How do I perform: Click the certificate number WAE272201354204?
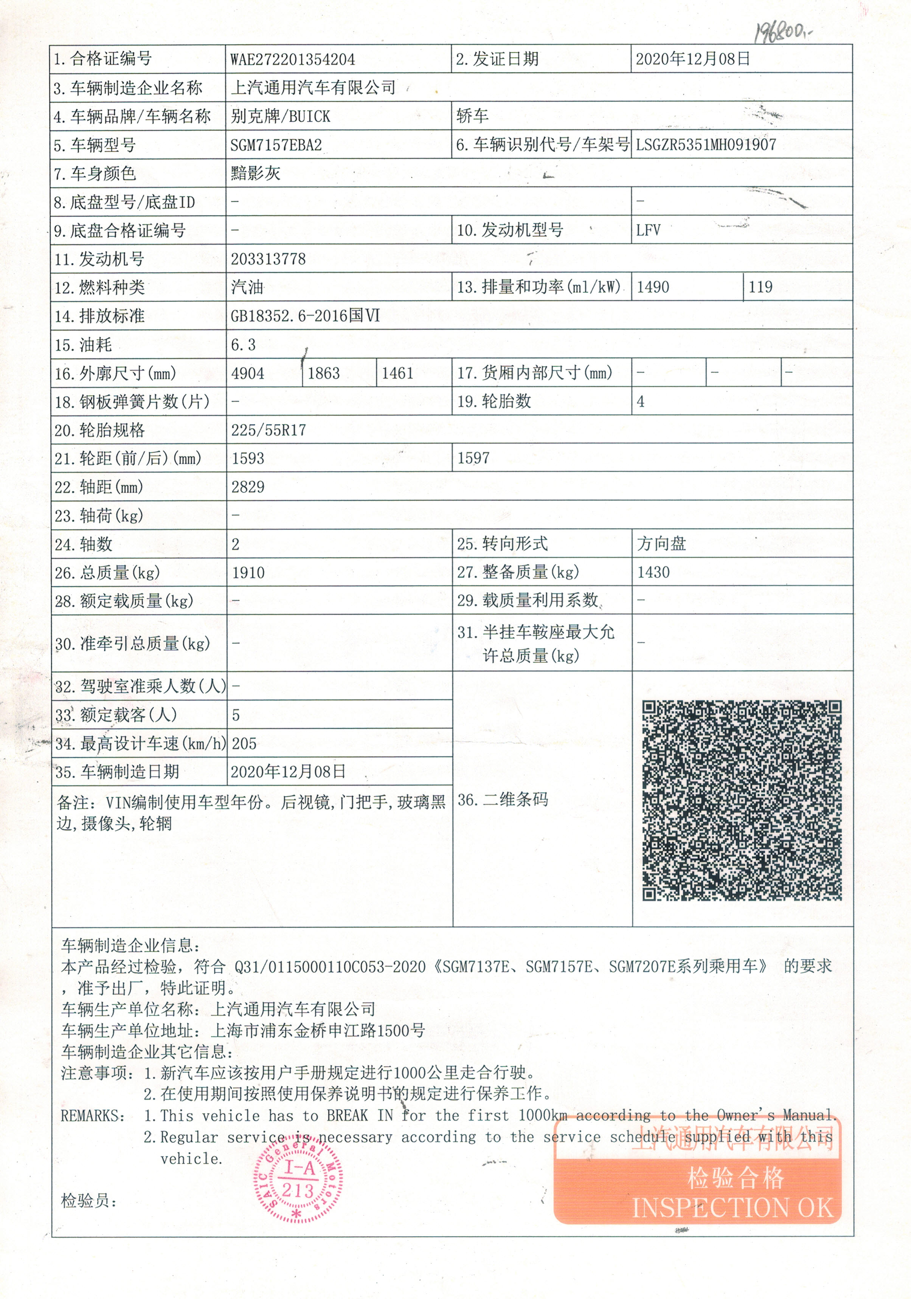tap(293, 59)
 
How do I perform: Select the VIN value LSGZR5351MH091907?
tap(706, 145)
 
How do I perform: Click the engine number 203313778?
tap(268, 259)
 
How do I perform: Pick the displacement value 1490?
tap(653, 287)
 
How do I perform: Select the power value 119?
tap(760, 287)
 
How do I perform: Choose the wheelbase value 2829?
tap(248, 487)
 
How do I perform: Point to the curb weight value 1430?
tap(653, 572)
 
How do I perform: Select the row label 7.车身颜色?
tap(95, 174)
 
